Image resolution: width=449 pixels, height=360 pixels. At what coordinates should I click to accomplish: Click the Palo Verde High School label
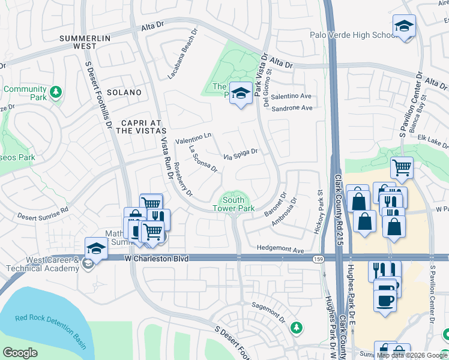(x=350, y=35)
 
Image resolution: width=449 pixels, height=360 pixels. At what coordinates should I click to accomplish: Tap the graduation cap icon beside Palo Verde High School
(x=404, y=26)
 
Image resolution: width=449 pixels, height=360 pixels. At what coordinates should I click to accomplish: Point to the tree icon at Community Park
(x=55, y=92)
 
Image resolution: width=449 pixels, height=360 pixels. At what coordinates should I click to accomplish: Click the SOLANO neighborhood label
(x=124, y=92)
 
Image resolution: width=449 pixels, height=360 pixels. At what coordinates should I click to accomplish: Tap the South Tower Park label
(x=234, y=204)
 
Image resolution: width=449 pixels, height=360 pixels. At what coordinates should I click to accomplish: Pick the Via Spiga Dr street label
(x=240, y=154)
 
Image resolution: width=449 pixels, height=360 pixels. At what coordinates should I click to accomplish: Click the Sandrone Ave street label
(x=292, y=108)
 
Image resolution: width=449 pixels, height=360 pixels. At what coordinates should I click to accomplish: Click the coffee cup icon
(x=385, y=299)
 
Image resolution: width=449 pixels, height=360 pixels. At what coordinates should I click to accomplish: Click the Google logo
(x=20, y=353)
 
